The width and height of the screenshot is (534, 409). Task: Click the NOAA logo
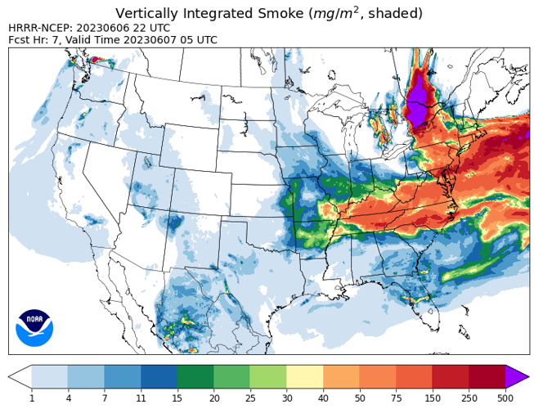pyautogui.click(x=34, y=327)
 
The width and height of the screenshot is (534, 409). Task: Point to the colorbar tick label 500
pyautogui.click(x=505, y=398)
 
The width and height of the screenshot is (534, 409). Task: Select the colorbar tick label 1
pyautogui.click(x=32, y=398)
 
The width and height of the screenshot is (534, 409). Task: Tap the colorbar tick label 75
pyautogui.click(x=397, y=398)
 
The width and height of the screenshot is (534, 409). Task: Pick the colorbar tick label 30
pyautogui.click(x=287, y=398)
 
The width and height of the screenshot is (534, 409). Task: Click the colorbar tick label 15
pyautogui.click(x=177, y=398)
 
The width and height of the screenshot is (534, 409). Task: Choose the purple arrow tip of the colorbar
pyautogui.click(x=517, y=375)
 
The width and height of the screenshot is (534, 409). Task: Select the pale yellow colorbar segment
pyautogui.click(x=305, y=375)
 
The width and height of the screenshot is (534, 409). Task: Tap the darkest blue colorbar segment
pyautogui.click(x=159, y=375)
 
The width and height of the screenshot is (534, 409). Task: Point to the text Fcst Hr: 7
pyautogui.click(x=34, y=39)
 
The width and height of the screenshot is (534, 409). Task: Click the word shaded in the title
pyautogui.click(x=393, y=13)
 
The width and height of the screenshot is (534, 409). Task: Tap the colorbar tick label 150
pyautogui.click(x=433, y=398)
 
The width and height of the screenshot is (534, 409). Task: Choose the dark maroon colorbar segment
pyautogui.click(x=487, y=375)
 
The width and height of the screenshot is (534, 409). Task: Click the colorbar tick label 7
pyautogui.click(x=105, y=398)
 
